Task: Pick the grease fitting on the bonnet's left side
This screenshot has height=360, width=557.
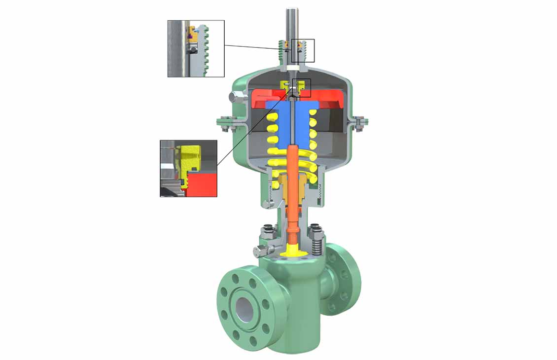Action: pyautogui.click(x=259, y=251)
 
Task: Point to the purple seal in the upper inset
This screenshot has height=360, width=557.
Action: pyautogui.click(x=190, y=35)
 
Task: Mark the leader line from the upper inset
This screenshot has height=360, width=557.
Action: pyautogui.click(x=256, y=47)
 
